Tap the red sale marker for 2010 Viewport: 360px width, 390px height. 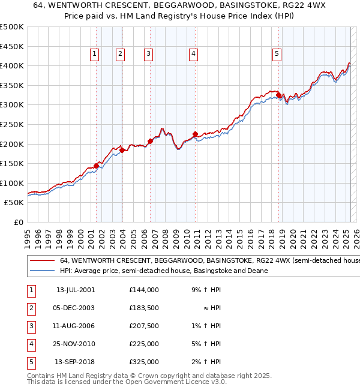point(195,134)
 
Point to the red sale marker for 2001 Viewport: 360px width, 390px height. point(96,165)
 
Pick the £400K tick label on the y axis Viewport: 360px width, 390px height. point(12,65)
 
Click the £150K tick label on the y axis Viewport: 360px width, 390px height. point(12,163)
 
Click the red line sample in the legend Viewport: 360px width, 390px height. point(41,261)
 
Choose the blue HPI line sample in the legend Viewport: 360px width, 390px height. point(41,271)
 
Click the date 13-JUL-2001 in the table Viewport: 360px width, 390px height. point(75,290)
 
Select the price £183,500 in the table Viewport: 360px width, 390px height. point(144,308)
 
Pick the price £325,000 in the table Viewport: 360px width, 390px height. point(144,362)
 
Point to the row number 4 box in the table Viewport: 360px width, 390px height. point(31,344)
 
